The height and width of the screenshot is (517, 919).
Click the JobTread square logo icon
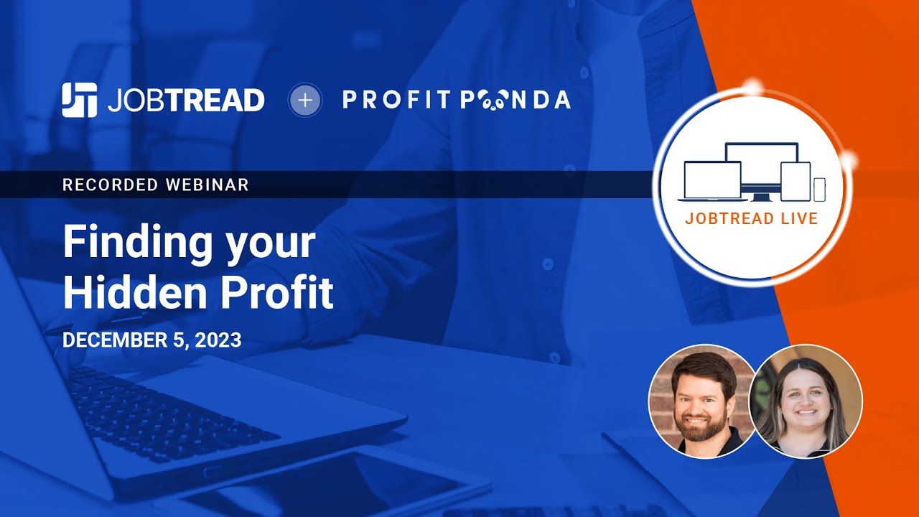tap(79, 100)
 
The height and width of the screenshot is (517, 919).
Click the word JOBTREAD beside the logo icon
tap(186, 101)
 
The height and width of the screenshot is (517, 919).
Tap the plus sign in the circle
tap(305, 101)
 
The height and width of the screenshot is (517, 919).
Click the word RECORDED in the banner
tap(110, 185)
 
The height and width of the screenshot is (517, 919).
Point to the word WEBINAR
tap(207, 185)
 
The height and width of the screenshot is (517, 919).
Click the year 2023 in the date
tap(217, 340)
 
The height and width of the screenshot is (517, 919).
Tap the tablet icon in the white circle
tap(795, 182)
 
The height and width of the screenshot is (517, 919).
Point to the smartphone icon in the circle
tap(819, 190)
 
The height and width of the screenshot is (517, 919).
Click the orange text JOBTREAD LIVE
tap(752, 218)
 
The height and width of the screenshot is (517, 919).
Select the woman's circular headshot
tap(806, 401)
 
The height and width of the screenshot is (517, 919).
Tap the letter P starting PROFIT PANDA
tap(350, 101)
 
